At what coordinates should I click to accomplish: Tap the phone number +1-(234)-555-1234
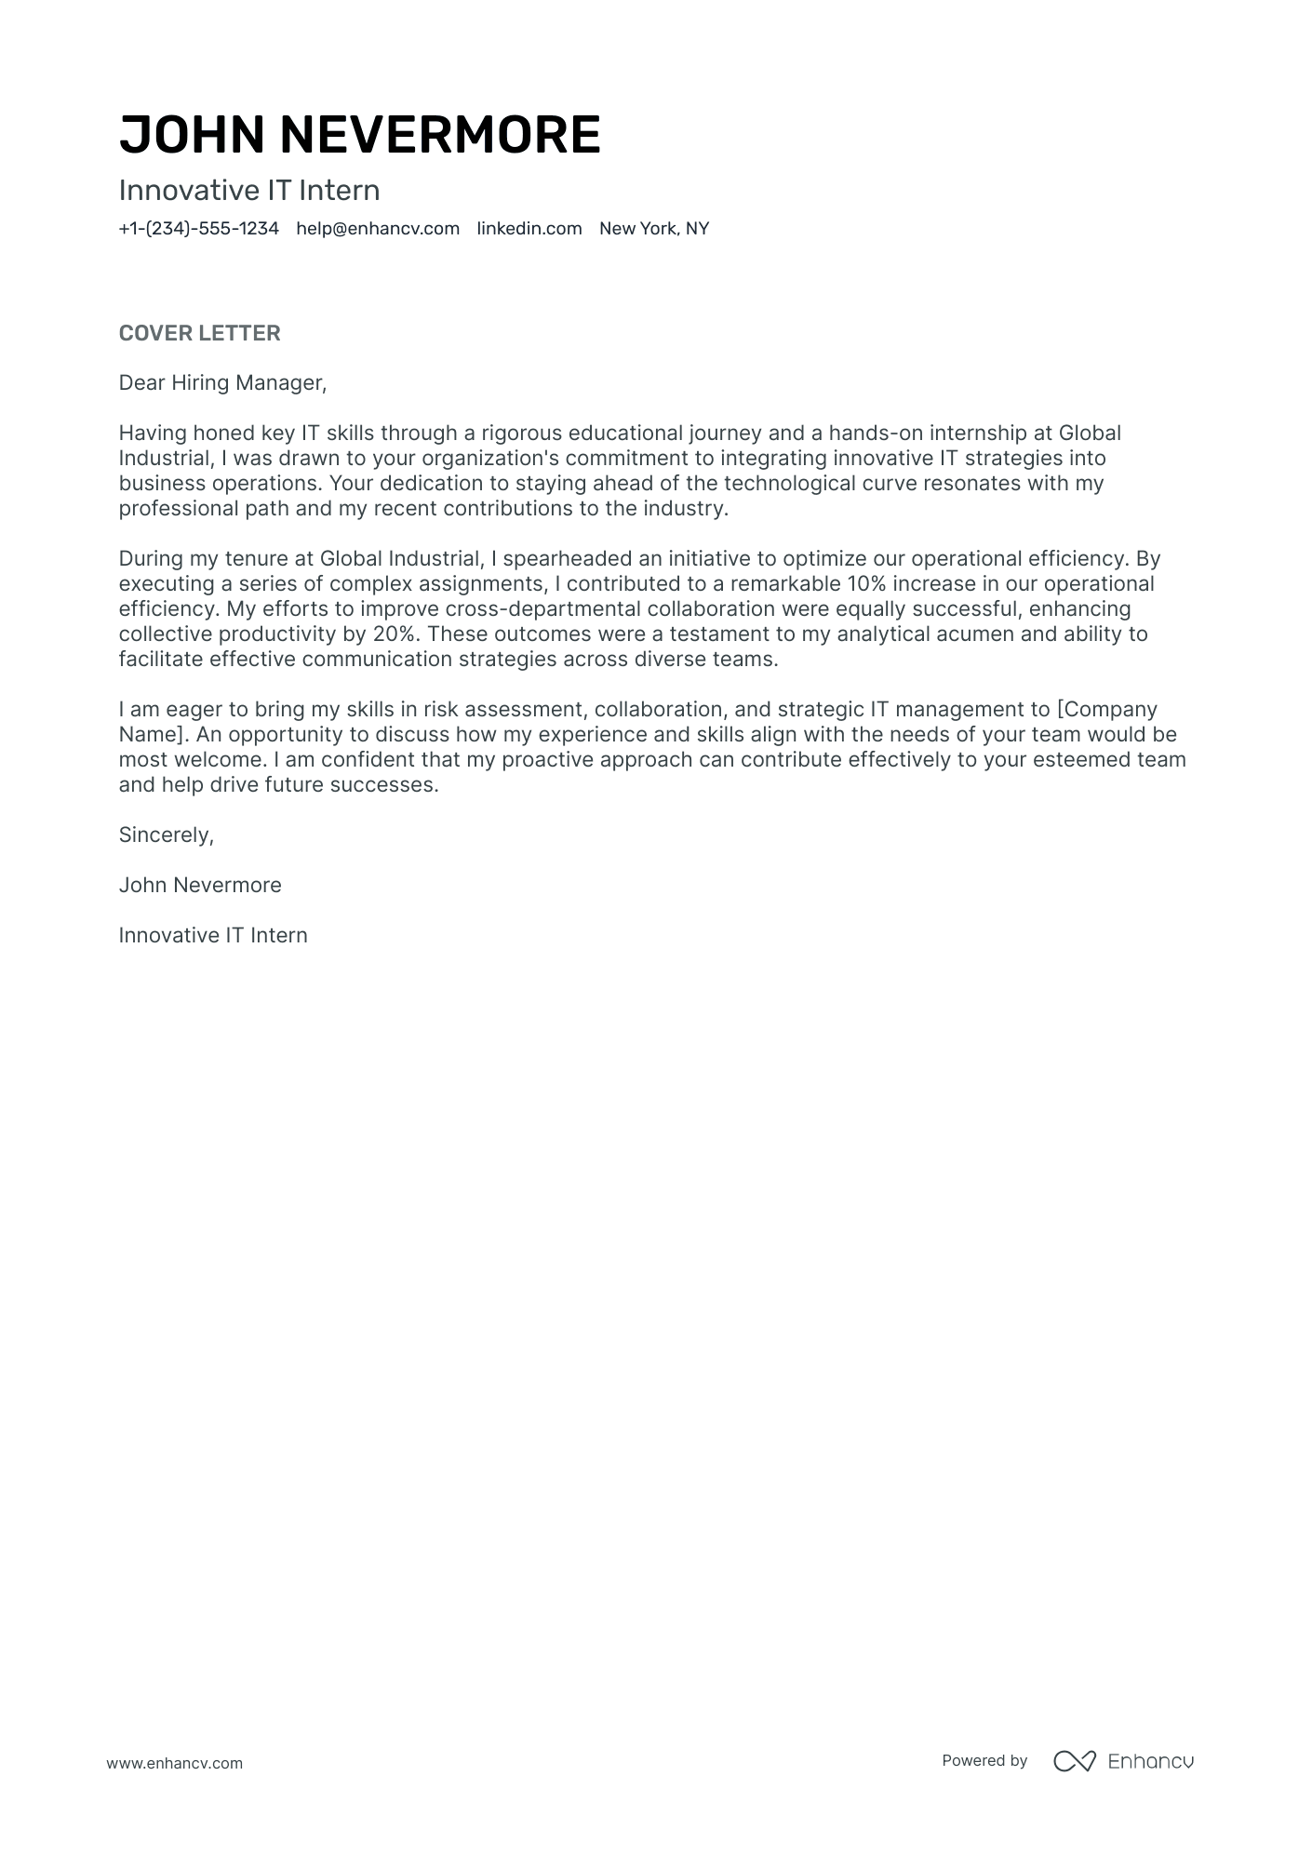[x=198, y=229]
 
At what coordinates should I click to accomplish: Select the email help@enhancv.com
[x=378, y=229]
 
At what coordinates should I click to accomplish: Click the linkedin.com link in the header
[x=529, y=229]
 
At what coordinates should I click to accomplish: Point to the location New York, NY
[x=654, y=229]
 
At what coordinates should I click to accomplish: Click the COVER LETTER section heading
[x=199, y=333]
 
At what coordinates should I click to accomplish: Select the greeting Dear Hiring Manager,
[x=223, y=382]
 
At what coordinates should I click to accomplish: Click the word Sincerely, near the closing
[x=167, y=835]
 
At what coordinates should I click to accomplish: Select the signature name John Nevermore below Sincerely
[x=200, y=886]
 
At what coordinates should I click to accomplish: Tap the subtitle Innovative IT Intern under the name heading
[x=249, y=191]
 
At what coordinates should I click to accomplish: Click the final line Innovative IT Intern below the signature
[x=213, y=936]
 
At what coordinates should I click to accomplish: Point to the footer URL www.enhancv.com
[x=174, y=1763]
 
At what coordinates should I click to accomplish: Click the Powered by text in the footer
[x=984, y=1760]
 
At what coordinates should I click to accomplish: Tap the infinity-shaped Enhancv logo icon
[x=1074, y=1761]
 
